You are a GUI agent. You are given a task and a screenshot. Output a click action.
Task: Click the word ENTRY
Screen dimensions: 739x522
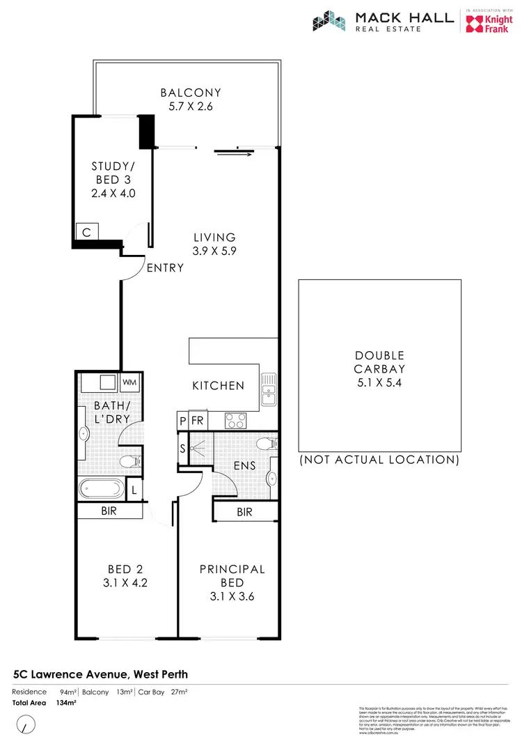coord(166,267)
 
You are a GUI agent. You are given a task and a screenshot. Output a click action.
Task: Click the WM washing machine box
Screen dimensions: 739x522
coord(129,382)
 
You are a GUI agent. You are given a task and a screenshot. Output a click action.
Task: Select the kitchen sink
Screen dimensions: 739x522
coord(268,389)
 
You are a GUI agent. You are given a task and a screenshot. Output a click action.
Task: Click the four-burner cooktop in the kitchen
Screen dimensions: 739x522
coord(235,420)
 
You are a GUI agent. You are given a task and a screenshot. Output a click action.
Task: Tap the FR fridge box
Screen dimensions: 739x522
coord(196,421)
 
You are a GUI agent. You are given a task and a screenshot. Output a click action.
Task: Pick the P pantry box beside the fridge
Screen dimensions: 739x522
coord(182,421)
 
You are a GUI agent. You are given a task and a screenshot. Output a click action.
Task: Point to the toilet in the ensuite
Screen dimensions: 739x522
coord(267,444)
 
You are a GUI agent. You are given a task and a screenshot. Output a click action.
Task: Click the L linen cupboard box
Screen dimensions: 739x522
coord(135,490)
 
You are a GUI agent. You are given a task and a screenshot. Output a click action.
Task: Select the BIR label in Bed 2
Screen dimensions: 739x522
coord(109,511)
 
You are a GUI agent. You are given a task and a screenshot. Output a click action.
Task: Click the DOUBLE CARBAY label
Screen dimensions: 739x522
coord(379,362)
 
